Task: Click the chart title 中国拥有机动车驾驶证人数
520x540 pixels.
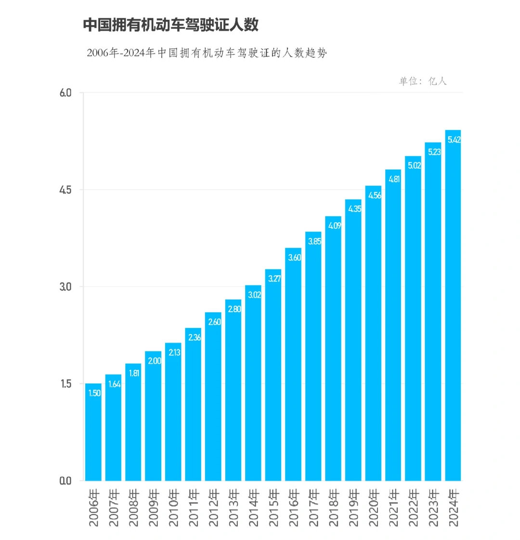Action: point(171,25)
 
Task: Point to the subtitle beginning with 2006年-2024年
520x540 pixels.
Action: point(207,53)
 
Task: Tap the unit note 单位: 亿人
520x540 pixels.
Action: point(422,81)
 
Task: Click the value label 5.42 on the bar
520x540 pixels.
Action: point(453,140)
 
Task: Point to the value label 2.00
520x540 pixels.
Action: point(154,361)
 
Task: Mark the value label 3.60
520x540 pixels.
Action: point(293,257)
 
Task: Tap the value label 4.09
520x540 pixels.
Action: point(333,225)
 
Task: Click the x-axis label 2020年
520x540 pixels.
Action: point(373,508)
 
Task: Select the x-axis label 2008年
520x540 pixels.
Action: point(133,508)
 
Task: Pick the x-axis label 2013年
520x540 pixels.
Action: point(233,508)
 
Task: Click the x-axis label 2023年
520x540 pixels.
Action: point(433,508)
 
